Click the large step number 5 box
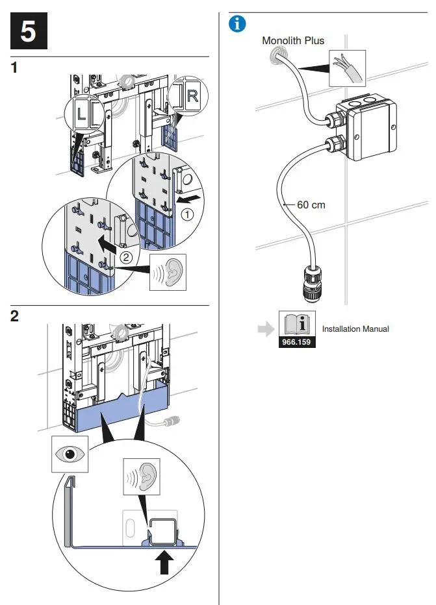[29, 30]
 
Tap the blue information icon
[238, 24]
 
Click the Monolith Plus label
[292, 40]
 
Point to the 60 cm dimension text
[311, 204]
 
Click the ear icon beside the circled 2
[168, 272]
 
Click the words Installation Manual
[355, 329]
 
